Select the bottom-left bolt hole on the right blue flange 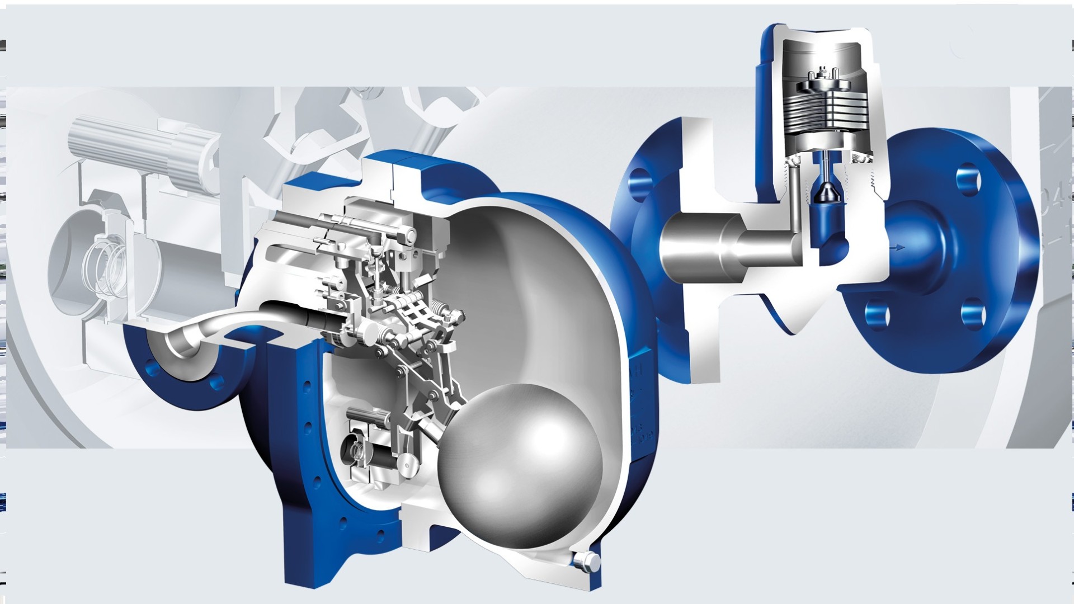877,314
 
